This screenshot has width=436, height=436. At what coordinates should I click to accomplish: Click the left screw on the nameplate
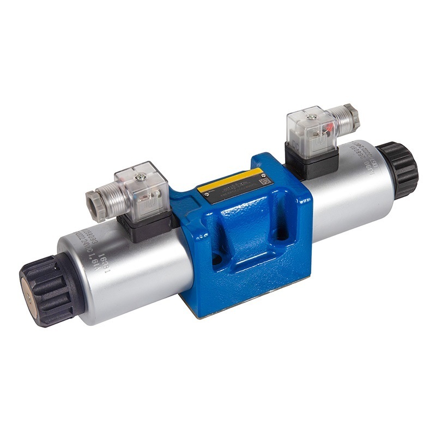click(x=207, y=195)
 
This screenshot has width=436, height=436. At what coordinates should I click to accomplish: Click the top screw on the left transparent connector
click(x=141, y=176)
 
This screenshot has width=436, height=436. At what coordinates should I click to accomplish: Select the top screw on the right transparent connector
click(x=312, y=117)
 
